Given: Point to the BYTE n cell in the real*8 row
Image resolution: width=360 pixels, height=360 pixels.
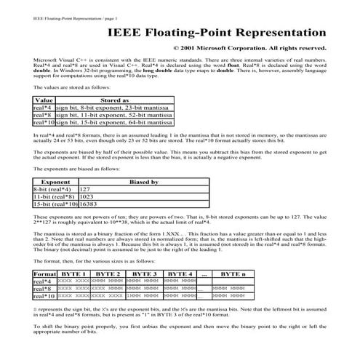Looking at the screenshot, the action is [x=233, y=289].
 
